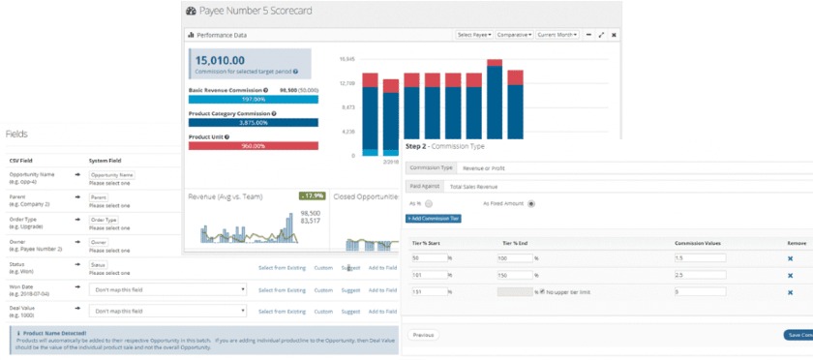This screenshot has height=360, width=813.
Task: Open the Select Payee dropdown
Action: [x=474, y=35]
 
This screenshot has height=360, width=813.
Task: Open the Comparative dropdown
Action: [x=514, y=35]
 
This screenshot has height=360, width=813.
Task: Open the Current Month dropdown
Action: [x=557, y=35]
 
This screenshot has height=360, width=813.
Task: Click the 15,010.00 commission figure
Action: [x=224, y=60]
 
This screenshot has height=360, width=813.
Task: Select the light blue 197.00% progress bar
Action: [x=253, y=99]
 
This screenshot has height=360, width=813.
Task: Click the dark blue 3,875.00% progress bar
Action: [x=253, y=122]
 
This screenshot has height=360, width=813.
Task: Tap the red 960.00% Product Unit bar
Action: [x=253, y=146]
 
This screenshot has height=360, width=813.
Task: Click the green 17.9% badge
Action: [x=311, y=196]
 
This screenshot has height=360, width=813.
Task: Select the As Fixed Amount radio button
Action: [x=531, y=203]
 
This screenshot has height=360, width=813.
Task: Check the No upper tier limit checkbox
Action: [x=543, y=291]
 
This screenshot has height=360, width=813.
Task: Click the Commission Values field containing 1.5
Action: [x=699, y=258]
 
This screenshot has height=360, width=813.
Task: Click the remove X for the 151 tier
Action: [x=790, y=291]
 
